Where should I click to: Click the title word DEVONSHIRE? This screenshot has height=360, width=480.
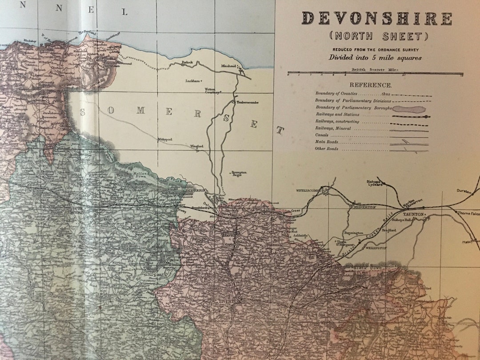point(377,19)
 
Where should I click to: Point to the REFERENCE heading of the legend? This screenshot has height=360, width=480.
point(370,85)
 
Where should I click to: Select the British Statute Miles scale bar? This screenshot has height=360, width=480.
point(375,73)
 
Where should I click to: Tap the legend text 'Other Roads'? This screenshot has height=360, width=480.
point(327,149)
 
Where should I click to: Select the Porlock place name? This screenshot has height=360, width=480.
point(187,63)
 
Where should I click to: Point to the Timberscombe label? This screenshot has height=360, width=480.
point(247,102)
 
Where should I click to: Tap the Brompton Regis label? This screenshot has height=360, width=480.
point(239,173)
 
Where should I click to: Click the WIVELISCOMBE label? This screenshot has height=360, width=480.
point(308,190)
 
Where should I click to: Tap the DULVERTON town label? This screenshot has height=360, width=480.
point(194,190)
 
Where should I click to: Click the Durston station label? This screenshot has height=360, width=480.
point(464,191)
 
